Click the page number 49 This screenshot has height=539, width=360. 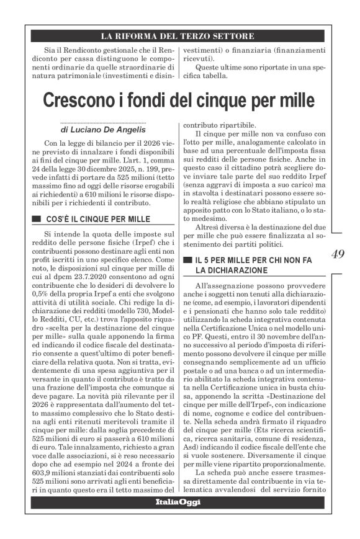tap(339, 253)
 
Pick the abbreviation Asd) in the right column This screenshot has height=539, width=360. tap(191, 440)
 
